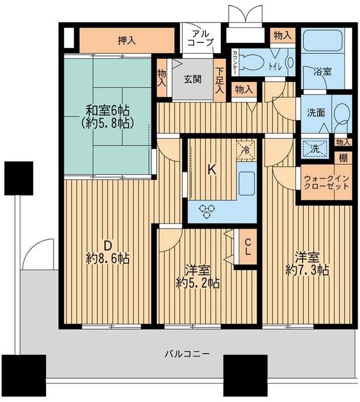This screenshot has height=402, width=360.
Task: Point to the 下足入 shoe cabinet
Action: (219, 81)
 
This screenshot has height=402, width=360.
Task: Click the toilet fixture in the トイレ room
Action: (249, 63)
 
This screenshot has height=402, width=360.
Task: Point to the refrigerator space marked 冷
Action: (246, 149)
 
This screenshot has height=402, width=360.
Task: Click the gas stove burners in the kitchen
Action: (206, 211)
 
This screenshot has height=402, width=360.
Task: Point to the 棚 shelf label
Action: (343, 157)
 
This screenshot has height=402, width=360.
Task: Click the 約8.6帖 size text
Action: (107, 258)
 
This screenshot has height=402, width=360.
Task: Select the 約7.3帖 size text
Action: (307, 270)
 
